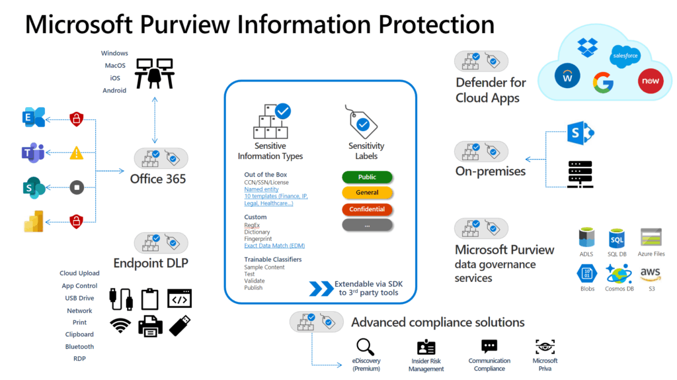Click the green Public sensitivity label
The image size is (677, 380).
click(367, 177)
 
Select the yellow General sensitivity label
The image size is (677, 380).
click(367, 193)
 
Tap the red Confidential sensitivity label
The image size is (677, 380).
click(367, 209)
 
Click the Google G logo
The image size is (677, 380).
click(603, 82)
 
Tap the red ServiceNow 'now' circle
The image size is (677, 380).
click(649, 81)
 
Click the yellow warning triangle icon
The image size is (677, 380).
click(77, 154)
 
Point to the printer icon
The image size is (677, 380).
click(150, 326)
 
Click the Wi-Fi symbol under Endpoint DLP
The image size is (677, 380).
click(120, 326)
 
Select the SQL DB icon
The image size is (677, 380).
click(616, 238)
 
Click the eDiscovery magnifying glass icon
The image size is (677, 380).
click(366, 346)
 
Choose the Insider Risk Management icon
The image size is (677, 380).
click(426, 347)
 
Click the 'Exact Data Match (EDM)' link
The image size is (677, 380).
click(274, 246)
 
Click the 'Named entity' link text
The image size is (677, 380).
click(262, 189)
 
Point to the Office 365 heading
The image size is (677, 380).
click(158, 179)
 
